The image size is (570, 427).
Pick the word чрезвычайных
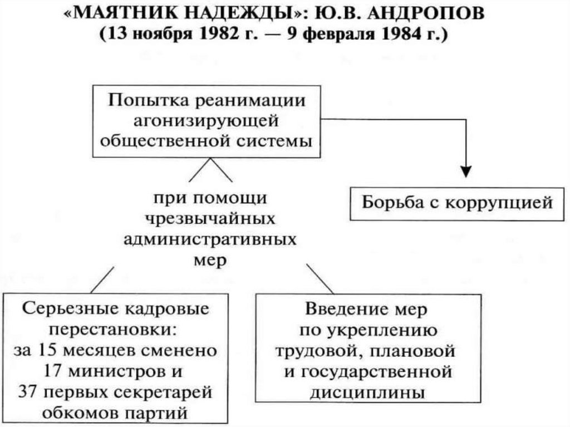click(x=209, y=219)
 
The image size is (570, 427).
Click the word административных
click(x=209, y=240)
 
